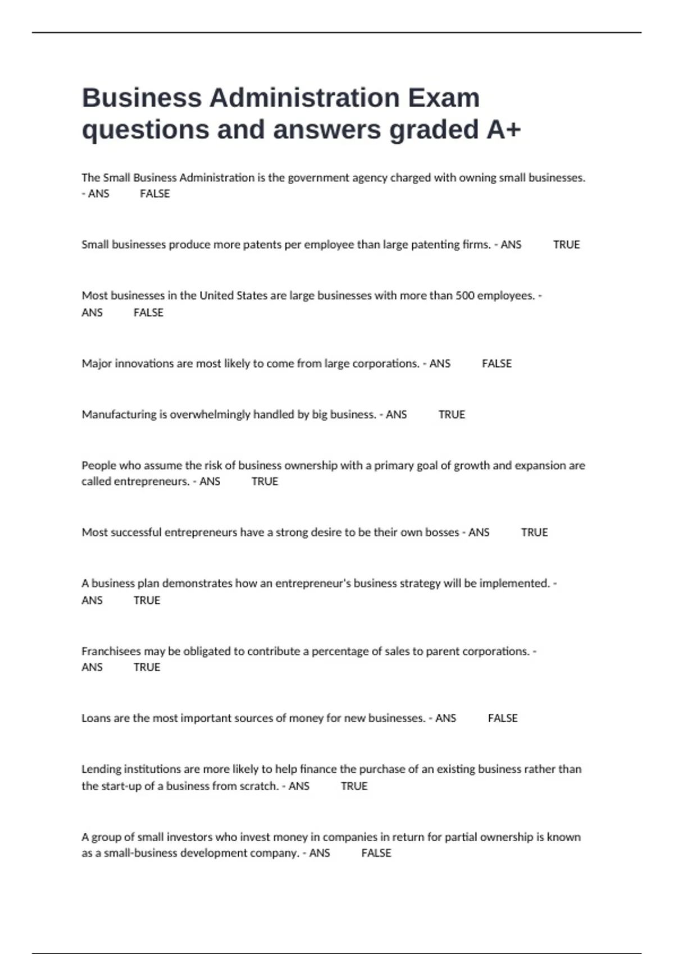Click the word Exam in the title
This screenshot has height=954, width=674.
pyautogui.click(x=444, y=98)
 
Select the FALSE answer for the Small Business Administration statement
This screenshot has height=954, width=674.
pyautogui.click(x=154, y=194)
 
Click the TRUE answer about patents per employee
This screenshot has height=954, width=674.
pyautogui.click(x=566, y=245)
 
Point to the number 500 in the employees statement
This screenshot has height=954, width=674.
pyautogui.click(x=464, y=296)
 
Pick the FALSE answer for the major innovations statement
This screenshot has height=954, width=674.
pyautogui.click(x=497, y=364)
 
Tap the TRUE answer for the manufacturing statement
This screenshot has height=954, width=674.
pyautogui.click(x=452, y=415)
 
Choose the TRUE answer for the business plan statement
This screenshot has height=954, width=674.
pyautogui.click(x=147, y=600)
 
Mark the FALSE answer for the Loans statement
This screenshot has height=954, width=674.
pyautogui.click(x=503, y=718)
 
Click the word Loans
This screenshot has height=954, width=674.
pyautogui.click(x=96, y=718)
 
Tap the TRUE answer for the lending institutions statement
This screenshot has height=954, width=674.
pyautogui.click(x=354, y=786)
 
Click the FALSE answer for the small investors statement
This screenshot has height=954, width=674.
pyautogui.click(x=376, y=853)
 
